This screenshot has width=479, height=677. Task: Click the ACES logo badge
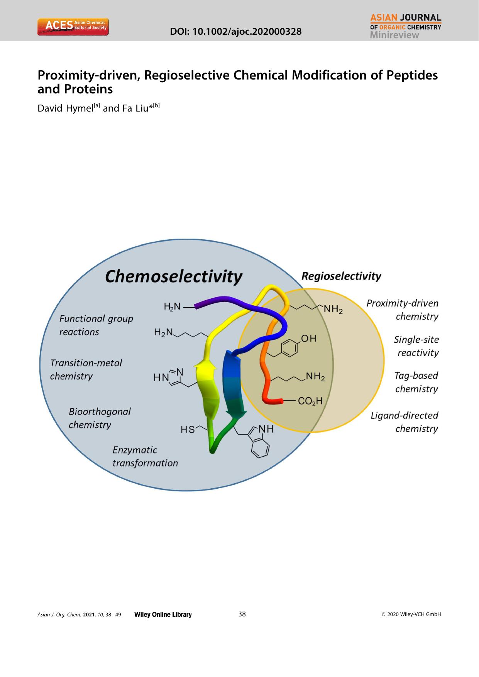click(x=73, y=27)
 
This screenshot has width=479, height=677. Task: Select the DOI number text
click(x=236, y=32)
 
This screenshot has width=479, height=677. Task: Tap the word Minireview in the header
click(x=394, y=35)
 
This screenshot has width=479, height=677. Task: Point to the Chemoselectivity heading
click(x=173, y=276)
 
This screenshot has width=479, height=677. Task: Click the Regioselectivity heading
click(x=341, y=276)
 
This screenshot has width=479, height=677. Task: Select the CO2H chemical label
click(x=310, y=401)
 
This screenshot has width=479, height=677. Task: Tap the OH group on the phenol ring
click(x=308, y=338)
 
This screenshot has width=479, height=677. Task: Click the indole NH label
click(x=266, y=429)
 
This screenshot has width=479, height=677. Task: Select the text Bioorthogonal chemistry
click(x=100, y=418)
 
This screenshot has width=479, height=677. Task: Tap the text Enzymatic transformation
click(x=145, y=457)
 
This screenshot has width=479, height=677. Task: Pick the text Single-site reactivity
click(x=416, y=346)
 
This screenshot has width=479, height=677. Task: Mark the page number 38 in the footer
click(x=242, y=614)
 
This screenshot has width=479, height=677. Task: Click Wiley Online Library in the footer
click(x=162, y=614)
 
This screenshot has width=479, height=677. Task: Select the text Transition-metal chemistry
click(x=86, y=369)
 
